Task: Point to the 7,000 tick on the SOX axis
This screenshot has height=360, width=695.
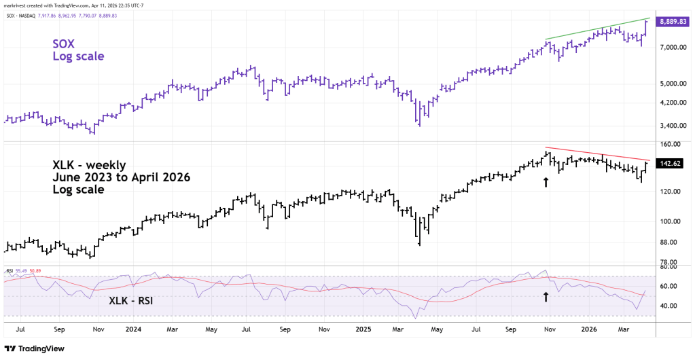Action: tap(669, 47)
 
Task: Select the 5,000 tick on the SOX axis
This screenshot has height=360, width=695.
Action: tap(669, 84)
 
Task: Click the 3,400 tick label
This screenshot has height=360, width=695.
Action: tap(669, 126)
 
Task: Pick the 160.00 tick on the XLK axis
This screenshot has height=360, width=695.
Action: tap(669, 145)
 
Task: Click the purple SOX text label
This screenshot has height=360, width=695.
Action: tap(64, 43)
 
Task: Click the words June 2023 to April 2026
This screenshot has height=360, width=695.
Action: tap(121, 177)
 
